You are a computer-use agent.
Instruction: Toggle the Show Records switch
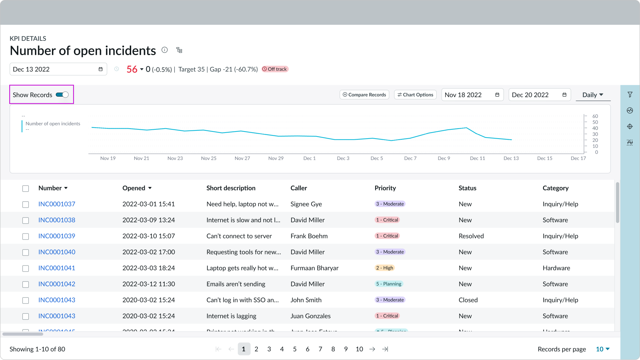pos(62,95)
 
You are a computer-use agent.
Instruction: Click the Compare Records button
pos(364,95)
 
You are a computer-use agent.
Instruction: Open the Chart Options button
pos(415,95)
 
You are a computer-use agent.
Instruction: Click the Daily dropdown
pos(592,95)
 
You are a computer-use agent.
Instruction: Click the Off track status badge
pos(275,69)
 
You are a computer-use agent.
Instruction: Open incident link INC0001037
pos(57,204)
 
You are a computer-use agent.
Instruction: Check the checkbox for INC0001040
pos(26,252)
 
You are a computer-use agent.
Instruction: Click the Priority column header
pos(385,188)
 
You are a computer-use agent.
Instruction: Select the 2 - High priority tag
pos(385,268)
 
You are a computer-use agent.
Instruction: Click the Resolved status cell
pos(471,236)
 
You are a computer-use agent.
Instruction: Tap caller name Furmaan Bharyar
pos(314,268)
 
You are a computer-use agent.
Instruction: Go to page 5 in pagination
pos(295,349)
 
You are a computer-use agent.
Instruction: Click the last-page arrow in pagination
pos(385,349)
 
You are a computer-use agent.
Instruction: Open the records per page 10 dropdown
pos(602,349)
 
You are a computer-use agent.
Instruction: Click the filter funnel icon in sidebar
pos(630,95)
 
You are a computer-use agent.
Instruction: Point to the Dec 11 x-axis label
pos(477,158)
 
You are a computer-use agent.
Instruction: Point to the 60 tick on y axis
pos(595,116)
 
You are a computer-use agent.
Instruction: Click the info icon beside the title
pos(165,50)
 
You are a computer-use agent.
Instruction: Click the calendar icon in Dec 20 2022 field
pos(564,95)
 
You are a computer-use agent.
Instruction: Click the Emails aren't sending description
pos(236,284)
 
